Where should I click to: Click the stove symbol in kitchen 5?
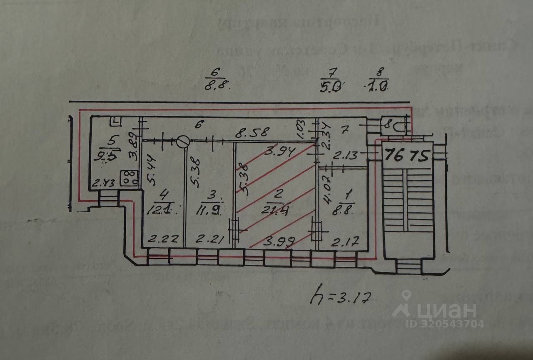click(x=130, y=178)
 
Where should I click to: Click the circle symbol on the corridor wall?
click(x=183, y=142)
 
